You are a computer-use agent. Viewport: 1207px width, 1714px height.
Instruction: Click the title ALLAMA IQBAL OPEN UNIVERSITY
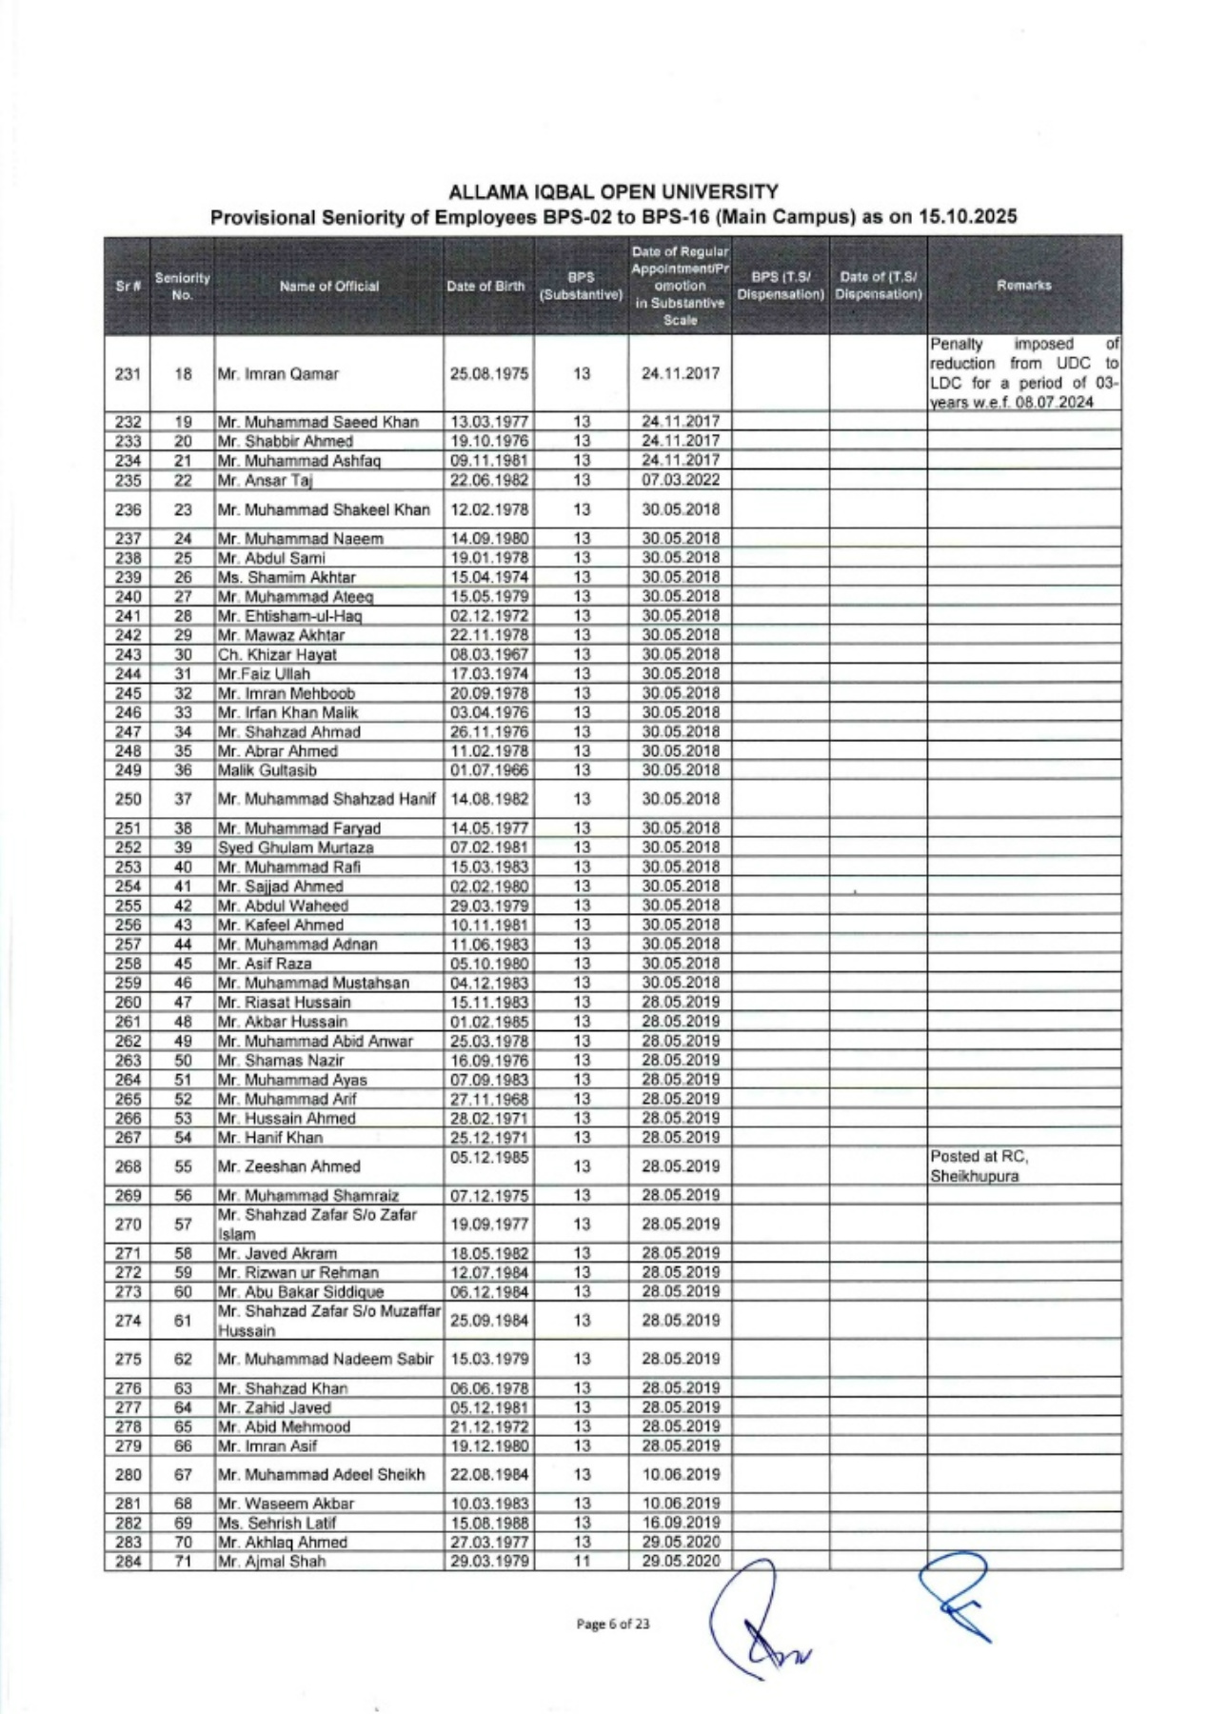point(613,192)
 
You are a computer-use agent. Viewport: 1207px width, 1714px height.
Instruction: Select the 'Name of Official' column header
point(328,286)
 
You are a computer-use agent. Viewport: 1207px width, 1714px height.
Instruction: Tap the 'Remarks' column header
point(1024,285)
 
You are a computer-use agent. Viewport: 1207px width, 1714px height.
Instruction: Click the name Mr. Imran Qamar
point(278,374)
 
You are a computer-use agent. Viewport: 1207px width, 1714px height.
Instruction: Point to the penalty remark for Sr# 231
point(1024,373)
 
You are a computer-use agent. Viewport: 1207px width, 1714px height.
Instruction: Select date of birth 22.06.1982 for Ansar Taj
point(488,480)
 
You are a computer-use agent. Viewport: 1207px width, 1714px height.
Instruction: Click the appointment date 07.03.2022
point(680,480)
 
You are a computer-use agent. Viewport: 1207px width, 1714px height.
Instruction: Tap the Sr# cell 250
point(129,799)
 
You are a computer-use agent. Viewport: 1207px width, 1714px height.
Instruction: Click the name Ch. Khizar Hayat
point(277,654)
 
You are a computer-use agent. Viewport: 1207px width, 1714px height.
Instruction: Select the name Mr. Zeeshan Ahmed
point(289,1166)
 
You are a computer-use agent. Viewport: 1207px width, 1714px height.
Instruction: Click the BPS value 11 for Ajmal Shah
point(582,1561)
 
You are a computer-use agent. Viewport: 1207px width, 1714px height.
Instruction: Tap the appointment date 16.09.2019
point(680,1523)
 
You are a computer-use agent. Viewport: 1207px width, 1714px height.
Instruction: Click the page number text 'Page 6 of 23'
point(613,1624)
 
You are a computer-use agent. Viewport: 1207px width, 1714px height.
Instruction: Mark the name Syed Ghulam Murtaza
point(296,847)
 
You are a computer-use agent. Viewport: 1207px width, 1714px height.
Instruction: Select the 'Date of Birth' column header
point(485,286)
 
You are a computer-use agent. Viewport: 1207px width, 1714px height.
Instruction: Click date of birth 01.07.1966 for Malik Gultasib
point(488,769)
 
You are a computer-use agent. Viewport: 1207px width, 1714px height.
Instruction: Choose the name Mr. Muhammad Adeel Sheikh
point(322,1474)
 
